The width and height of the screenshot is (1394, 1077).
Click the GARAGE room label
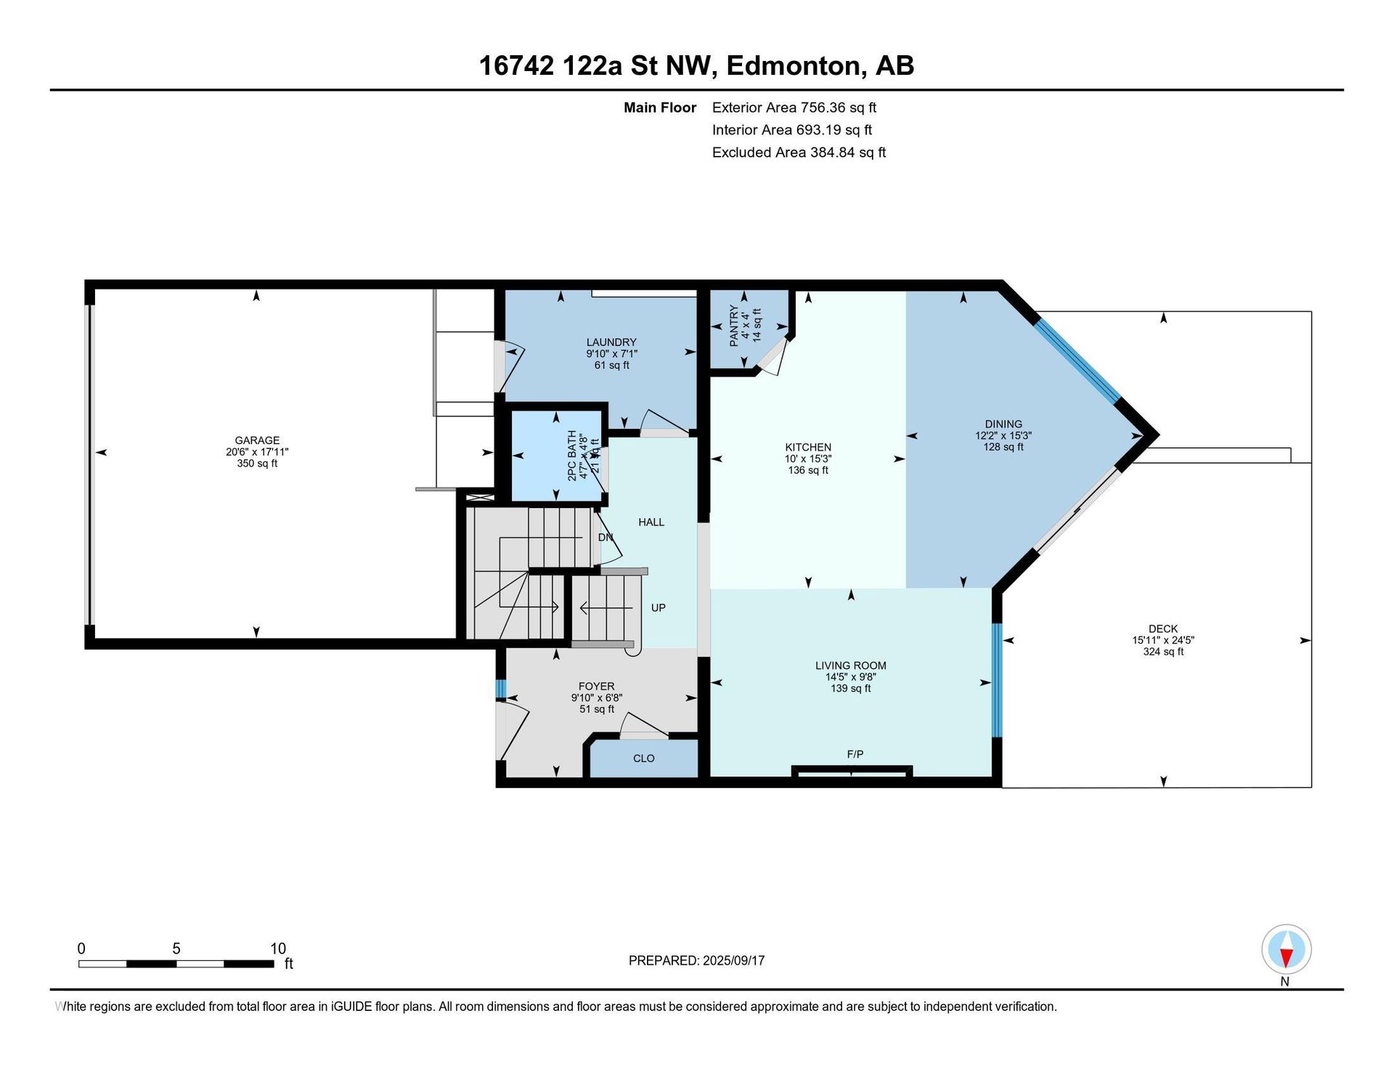point(257,440)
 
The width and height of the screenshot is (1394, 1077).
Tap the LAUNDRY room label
point(611,342)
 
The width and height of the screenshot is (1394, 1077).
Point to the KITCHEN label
point(808,447)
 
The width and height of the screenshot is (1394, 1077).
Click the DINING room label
point(1003,424)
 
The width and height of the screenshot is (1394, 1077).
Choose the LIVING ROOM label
point(851,666)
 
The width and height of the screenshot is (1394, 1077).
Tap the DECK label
point(1163,628)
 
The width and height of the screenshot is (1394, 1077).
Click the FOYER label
point(597,686)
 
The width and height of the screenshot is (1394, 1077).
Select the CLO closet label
point(644,758)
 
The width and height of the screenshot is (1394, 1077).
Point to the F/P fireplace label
point(855,754)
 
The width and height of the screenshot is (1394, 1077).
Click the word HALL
point(651,522)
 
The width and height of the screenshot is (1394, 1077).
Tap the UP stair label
point(659,607)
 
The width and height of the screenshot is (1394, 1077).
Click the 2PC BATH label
point(572,456)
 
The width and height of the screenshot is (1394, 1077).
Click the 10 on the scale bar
point(278,949)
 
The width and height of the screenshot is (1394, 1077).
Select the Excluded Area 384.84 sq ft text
point(799,152)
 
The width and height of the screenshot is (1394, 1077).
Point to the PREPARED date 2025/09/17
point(733,960)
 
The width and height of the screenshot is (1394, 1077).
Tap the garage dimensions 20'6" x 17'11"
point(257,451)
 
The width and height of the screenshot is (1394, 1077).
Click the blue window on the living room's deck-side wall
point(997,680)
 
